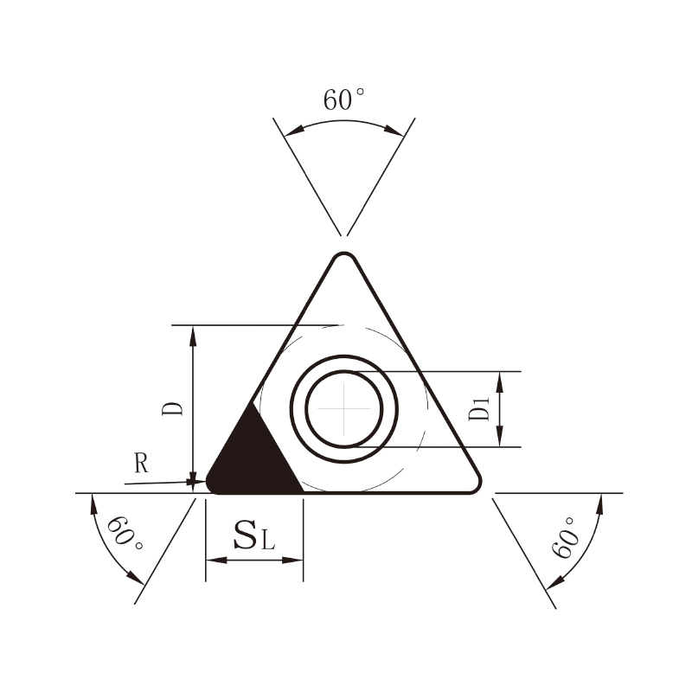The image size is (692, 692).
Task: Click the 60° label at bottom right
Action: tap(566, 537)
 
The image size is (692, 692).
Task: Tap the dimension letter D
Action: tap(172, 408)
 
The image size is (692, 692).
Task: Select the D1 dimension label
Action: tap(479, 408)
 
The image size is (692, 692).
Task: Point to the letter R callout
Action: tap(141, 463)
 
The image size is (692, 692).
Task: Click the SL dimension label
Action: tap(254, 535)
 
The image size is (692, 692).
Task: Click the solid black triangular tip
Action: tap(253, 460)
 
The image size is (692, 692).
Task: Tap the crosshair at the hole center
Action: tap(343, 408)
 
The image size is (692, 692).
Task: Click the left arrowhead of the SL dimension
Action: tap(216, 560)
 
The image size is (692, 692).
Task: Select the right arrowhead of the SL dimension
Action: tap(292, 560)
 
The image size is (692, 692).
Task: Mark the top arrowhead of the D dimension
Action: tap(193, 336)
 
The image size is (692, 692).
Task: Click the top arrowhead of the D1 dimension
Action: tap(500, 381)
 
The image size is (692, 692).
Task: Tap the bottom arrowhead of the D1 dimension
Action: tap(500, 436)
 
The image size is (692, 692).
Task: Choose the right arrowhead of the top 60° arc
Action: tap(394, 131)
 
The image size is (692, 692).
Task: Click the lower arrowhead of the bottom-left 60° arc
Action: tap(135, 577)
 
